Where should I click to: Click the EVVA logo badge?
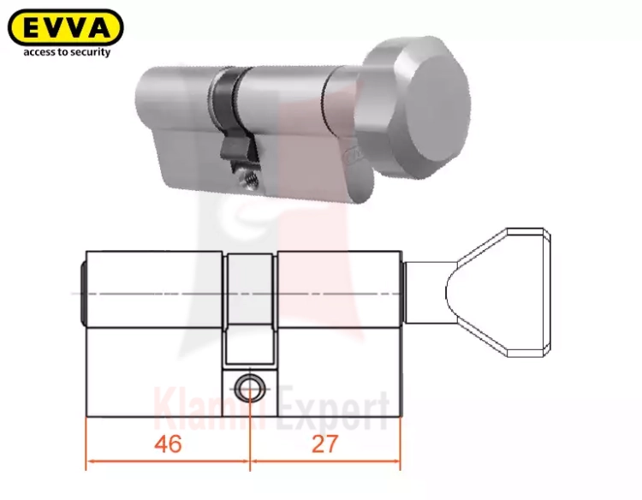coord(66,27)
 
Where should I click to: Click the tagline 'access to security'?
coord(67,52)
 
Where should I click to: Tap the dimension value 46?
coord(169,443)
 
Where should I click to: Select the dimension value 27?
coord(325,443)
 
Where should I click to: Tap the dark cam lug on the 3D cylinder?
coord(235,148)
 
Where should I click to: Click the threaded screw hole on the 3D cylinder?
coord(250,180)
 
